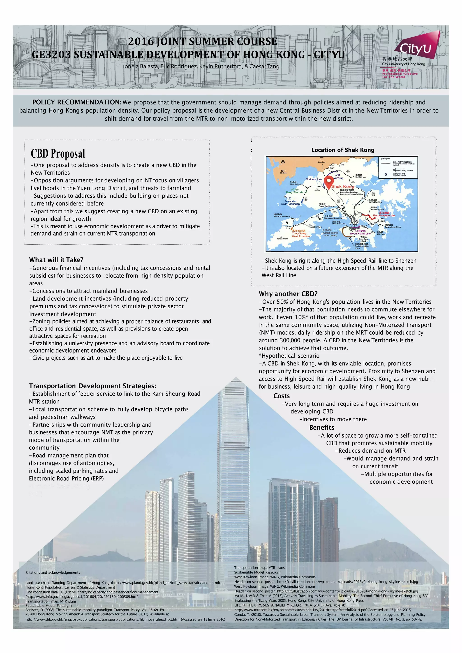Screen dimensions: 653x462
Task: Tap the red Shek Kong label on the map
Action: [342, 187]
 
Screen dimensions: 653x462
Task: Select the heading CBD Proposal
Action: [58, 154]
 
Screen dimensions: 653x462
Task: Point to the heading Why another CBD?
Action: [288, 294]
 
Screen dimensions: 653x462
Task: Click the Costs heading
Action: [281, 396]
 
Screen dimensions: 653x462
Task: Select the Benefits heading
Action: [322, 427]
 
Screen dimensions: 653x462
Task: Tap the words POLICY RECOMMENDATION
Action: [76, 102]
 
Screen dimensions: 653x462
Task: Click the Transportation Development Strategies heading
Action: [92, 386]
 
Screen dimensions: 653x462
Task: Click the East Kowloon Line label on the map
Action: [384, 215]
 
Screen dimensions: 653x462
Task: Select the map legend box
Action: [398, 168]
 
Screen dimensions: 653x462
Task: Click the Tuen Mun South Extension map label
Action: [290, 203]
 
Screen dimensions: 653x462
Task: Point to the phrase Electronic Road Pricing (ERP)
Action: [66, 479]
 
